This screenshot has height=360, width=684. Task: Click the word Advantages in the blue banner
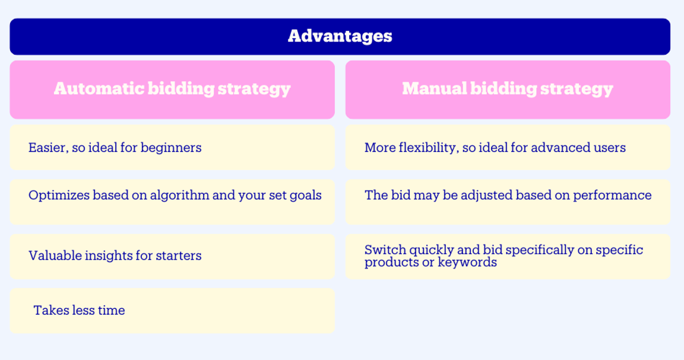click(340, 36)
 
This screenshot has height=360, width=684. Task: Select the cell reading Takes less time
click(172, 311)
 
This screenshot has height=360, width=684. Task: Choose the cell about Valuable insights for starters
click(172, 256)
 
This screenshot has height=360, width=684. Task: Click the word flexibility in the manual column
click(425, 147)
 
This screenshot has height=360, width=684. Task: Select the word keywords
click(467, 262)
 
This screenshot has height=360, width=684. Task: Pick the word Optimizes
click(58, 195)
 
